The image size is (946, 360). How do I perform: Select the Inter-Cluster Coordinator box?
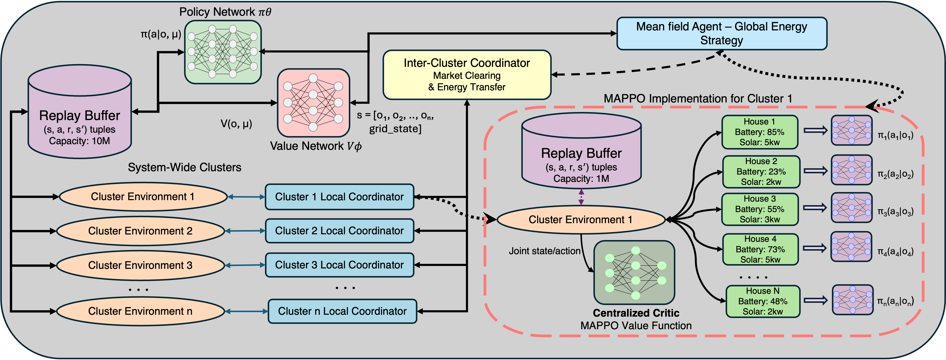pos(467,75)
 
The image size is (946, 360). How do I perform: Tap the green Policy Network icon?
pos(223,52)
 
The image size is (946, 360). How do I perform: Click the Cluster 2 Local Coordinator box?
pos(339,231)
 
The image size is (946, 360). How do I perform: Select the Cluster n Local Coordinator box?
pos(342,311)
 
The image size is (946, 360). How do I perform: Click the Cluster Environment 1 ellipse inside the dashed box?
pos(581,220)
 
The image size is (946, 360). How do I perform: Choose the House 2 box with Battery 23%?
pos(761,172)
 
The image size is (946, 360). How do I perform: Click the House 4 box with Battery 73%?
pos(760,249)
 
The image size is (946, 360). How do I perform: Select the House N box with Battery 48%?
pos(763,301)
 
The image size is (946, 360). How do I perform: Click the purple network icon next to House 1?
pos(851,130)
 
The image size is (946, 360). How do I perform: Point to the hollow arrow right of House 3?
pos(815,208)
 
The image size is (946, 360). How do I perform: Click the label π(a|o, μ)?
pos(161,35)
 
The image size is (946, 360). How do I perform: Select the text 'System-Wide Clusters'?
pos(184,167)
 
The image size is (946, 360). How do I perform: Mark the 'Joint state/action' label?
pos(544,251)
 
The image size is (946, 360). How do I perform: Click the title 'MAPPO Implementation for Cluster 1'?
pos(698,98)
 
